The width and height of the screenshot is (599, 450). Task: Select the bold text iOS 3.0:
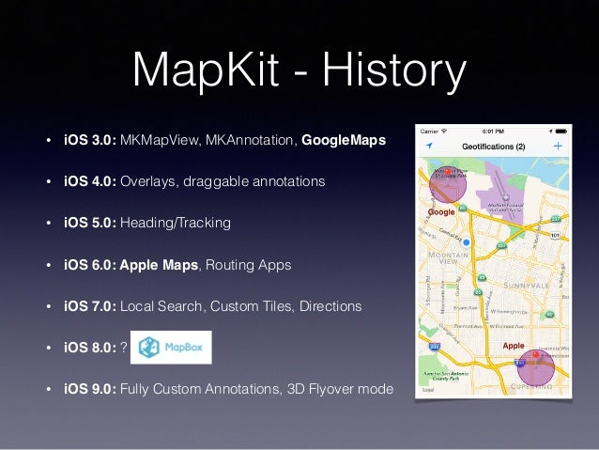[x=89, y=141]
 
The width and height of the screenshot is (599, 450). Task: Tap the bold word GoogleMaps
[x=344, y=141]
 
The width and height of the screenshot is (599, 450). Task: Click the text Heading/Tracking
[x=175, y=224]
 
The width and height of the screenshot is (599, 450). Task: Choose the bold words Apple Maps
[x=159, y=265]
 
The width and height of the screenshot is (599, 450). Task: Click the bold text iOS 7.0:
[x=89, y=306]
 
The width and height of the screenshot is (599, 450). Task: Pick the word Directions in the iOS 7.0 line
[x=335, y=306]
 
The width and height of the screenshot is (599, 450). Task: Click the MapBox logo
[x=170, y=347]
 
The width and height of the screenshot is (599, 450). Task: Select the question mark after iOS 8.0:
[x=124, y=348]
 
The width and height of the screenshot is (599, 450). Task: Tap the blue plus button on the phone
[x=559, y=147]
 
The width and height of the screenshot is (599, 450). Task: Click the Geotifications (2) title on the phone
[x=494, y=147]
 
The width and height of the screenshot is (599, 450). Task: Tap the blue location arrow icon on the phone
[x=429, y=147]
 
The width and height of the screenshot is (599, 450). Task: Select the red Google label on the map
[x=441, y=212]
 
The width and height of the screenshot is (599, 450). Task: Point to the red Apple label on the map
[x=514, y=346]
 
